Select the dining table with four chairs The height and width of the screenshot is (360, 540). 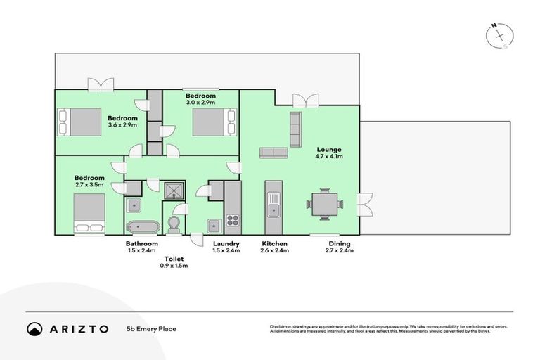coord(324,205)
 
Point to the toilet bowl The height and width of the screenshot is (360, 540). coord(174,224)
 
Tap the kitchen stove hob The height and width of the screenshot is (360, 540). coord(233,221)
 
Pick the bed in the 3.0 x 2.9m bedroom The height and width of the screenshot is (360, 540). coord(210,122)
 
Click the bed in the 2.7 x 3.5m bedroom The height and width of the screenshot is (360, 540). coord(89,211)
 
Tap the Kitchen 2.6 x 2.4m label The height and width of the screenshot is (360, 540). coord(274,247)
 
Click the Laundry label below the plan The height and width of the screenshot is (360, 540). coord(226,243)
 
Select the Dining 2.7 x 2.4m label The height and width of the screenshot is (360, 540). coord(340,247)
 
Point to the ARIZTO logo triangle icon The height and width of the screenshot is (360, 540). coord(34,328)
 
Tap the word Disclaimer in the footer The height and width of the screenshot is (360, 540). coord(281,326)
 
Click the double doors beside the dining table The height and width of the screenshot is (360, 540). coord(364,204)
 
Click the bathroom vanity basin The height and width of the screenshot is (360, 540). coord(134,205)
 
